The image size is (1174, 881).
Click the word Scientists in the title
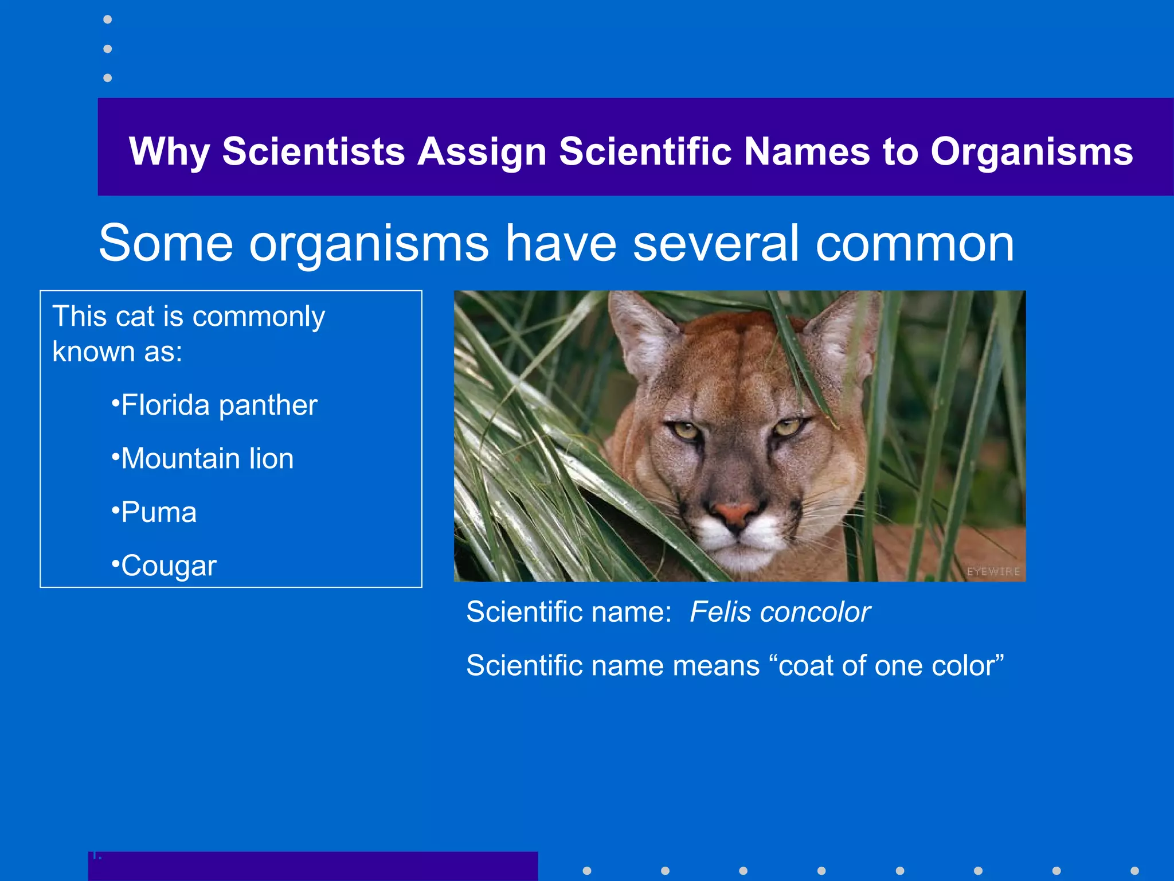click(314, 152)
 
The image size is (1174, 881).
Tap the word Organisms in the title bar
click(1031, 152)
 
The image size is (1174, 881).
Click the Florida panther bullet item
click(218, 406)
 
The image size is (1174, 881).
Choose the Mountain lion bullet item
click(207, 459)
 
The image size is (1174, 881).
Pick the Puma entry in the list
click(159, 512)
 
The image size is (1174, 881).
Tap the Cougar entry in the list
click(169, 566)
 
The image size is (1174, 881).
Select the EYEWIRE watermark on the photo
click(993, 571)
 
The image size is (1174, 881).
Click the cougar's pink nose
click(735, 512)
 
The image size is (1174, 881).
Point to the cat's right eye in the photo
click(789, 427)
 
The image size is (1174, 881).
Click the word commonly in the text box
click(259, 317)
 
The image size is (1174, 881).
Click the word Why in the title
click(169, 152)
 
